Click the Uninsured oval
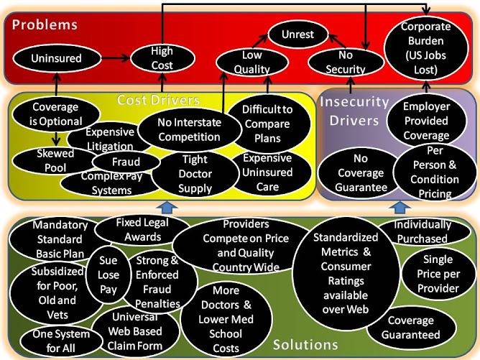pyautogui.click(x=57, y=58)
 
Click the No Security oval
pyautogui.click(x=345, y=63)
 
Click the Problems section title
pyautogui.click(x=45, y=24)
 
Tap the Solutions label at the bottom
pyautogui.click(x=305, y=345)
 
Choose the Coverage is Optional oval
pyautogui.click(x=57, y=114)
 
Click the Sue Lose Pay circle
pyautogui.click(x=109, y=274)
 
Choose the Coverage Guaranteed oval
pyautogui.click(x=413, y=328)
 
